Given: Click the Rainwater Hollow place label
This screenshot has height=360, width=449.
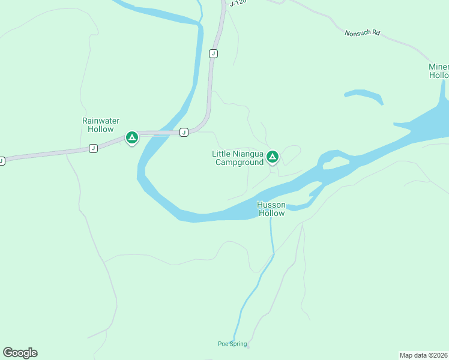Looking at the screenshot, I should (98, 125).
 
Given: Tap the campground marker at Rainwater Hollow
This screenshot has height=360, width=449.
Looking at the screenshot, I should (132, 137).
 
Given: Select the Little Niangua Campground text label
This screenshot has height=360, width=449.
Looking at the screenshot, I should (238, 158).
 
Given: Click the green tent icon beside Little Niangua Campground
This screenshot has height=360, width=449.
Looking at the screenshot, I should (273, 157).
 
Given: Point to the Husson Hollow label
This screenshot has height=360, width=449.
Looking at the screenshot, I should (271, 209).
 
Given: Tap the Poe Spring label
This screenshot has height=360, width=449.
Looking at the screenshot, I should (232, 344).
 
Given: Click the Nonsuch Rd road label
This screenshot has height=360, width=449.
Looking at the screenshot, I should (363, 32).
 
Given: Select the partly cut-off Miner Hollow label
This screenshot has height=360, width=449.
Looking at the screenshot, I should (439, 71).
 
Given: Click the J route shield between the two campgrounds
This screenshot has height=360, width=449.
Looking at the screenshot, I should (184, 132).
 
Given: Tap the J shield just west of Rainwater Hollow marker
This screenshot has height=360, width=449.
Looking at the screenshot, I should (93, 148).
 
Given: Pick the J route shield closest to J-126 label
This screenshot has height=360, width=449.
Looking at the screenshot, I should (213, 53).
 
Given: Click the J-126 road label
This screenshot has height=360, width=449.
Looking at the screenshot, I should (238, 4).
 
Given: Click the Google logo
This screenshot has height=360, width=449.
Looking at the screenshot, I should (20, 353).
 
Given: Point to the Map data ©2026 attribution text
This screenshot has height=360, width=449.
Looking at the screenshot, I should (424, 355).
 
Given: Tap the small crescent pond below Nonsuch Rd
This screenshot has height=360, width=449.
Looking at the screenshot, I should (364, 95).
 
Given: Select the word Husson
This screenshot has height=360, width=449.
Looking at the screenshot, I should (271, 205).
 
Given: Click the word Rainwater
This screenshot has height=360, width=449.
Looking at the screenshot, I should (98, 121).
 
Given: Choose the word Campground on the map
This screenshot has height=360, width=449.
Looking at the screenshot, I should (240, 162).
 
